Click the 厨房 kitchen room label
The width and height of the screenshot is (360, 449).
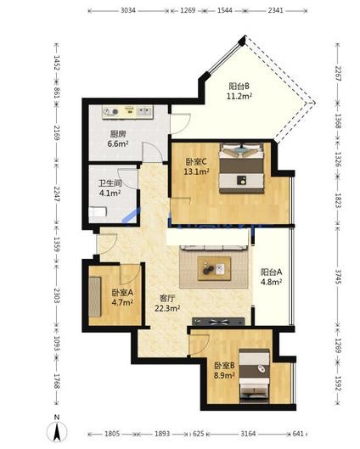click(118, 134)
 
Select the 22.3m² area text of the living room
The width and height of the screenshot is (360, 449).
click(167, 308)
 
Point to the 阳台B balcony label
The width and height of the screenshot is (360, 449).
click(239, 86)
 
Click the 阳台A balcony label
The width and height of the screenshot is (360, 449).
click(271, 272)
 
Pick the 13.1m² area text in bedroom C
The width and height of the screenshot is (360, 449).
click(196, 171)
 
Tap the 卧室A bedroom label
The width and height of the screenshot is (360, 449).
click(122, 293)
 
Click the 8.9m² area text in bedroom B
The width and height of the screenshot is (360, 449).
click(224, 375)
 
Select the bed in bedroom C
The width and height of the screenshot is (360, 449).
click(241, 168)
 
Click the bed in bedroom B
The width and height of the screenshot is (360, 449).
click(255, 375)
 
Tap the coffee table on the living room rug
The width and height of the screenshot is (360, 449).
click(214, 268)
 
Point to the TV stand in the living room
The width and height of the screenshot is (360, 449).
click(218, 322)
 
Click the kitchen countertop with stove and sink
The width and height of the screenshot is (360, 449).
click(127, 112)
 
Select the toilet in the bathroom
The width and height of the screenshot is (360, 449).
click(98, 212)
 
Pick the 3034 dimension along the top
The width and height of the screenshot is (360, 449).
click(128, 10)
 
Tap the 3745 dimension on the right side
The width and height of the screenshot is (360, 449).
click(338, 277)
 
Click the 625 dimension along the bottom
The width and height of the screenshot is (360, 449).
click(198, 434)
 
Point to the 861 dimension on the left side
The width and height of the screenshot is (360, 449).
click(57, 93)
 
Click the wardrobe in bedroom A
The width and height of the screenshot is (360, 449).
click(95, 297)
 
